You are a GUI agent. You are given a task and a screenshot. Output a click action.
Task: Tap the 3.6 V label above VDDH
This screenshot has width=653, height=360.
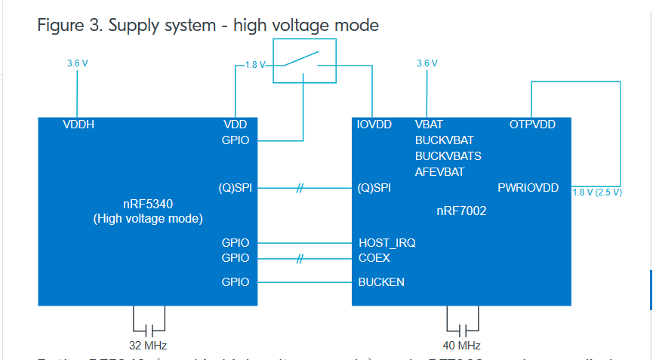78,63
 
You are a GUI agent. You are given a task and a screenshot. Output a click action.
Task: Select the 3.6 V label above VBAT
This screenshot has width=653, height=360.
427,63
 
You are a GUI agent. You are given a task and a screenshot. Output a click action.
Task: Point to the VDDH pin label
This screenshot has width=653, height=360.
79,125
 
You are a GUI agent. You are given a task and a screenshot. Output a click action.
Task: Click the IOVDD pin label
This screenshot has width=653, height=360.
374,125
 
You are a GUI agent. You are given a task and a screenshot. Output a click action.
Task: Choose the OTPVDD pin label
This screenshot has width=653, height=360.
532,125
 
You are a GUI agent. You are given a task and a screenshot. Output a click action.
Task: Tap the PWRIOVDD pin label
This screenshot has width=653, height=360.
528,188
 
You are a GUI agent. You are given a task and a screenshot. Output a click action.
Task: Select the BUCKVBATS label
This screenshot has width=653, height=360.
448,156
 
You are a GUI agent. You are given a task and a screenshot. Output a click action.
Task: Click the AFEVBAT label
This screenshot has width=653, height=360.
439,172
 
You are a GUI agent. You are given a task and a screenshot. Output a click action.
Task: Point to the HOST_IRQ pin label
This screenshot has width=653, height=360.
387,243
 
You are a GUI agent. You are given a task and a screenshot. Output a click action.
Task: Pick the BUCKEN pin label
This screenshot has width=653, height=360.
381,282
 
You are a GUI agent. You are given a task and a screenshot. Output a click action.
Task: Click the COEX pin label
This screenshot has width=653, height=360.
374,258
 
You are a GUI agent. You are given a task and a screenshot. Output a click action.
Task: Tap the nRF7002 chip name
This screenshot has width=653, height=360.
462,211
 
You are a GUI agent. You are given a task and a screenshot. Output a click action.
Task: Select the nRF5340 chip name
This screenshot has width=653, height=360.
148,204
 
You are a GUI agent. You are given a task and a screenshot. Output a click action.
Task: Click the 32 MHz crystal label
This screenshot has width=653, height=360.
148,346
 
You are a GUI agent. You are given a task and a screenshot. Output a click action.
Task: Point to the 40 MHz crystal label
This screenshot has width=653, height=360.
462,346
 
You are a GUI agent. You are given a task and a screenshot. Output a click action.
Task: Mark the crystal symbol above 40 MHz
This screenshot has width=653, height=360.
462,329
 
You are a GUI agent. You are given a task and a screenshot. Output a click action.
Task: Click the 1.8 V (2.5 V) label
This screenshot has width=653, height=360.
597,192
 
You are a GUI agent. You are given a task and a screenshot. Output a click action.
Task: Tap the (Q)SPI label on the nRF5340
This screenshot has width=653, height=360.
236,188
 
